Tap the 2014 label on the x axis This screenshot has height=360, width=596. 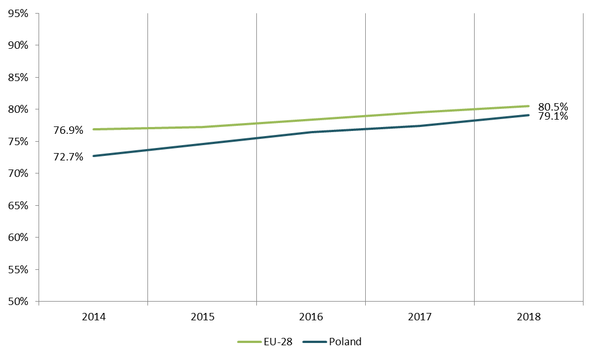[94, 317]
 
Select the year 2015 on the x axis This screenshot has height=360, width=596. [202, 317]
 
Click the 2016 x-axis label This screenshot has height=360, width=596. [311, 317]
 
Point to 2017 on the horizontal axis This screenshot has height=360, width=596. [420, 317]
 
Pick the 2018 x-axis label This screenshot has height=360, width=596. [529, 317]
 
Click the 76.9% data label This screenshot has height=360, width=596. [68, 130]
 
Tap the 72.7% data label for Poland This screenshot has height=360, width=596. [68, 157]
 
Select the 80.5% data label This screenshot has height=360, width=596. [553, 107]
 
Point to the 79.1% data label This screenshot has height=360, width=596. [553, 117]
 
